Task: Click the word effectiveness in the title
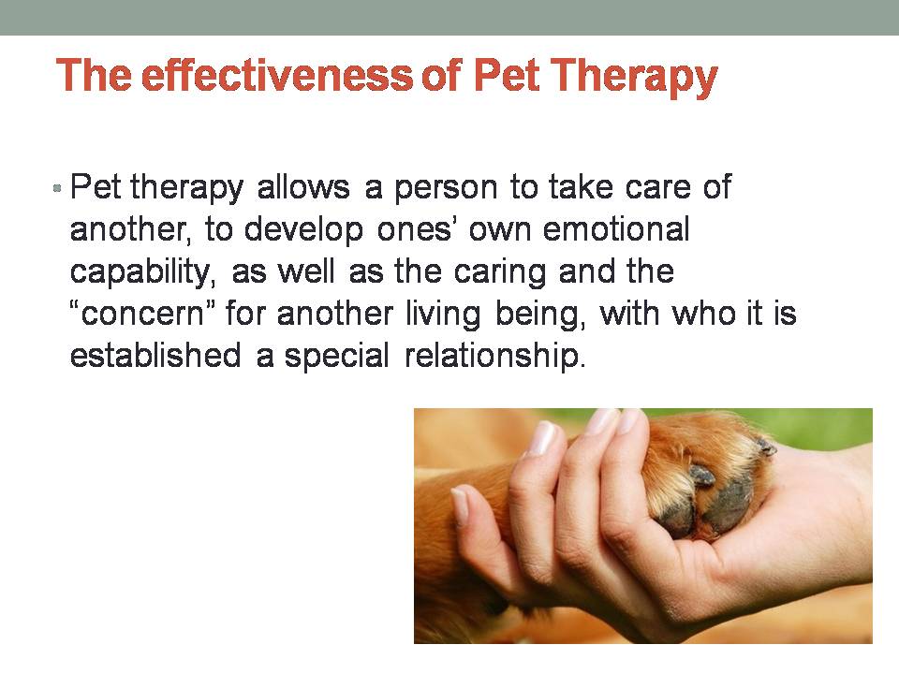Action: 277,75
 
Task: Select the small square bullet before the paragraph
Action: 57,187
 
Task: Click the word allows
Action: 303,187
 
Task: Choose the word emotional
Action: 616,228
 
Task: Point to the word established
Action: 155,356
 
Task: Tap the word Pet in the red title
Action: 506,75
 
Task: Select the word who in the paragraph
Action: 704,314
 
